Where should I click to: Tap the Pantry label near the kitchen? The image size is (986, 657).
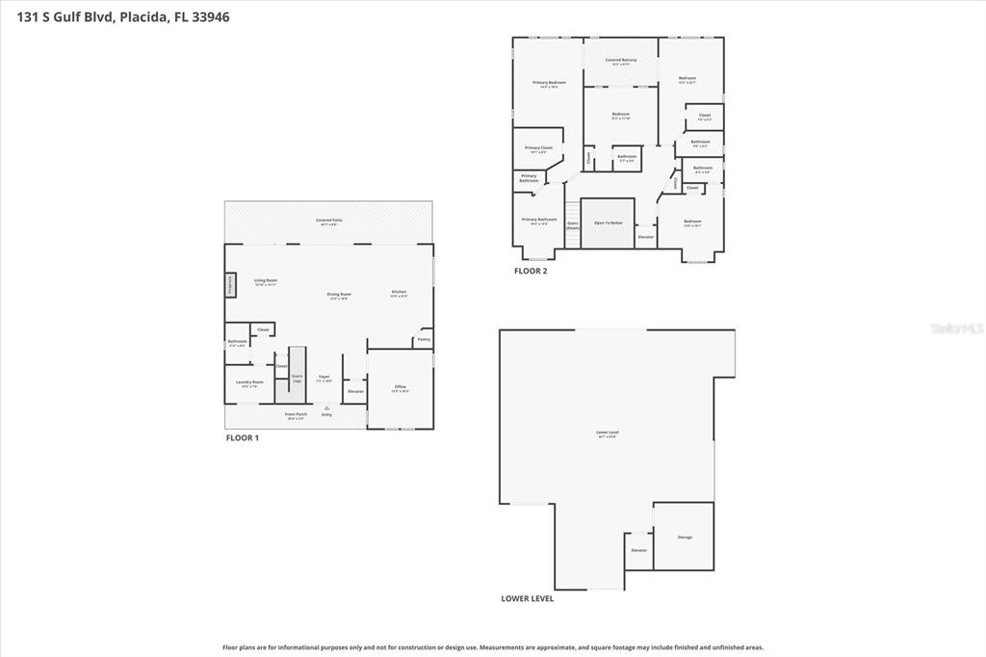(423, 339)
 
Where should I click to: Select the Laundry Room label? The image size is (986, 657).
(249, 382)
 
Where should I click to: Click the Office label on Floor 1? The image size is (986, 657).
(400, 387)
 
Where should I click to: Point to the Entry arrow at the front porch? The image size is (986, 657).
(326, 409)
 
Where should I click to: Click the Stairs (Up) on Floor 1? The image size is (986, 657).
(298, 377)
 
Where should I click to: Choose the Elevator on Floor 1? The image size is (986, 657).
(355, 391)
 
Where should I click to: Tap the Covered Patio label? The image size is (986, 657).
(328, 221)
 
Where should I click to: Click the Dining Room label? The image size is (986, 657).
(338, 295)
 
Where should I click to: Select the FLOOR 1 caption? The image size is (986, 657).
(243, 437)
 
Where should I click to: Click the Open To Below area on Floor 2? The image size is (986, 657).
(608, 223)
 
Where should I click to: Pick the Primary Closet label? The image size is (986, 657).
(538, 148)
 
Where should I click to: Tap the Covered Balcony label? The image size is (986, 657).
(620, 61)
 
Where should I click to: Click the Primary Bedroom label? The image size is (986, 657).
(549, 83)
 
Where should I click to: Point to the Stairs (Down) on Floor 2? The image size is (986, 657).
(572, 224)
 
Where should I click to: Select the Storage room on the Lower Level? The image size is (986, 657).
(684, 537)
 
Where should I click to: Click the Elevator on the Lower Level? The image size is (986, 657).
(638, 550)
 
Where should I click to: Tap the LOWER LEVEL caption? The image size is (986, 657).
(527, 598)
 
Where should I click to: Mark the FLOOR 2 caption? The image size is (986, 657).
(530, 271)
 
